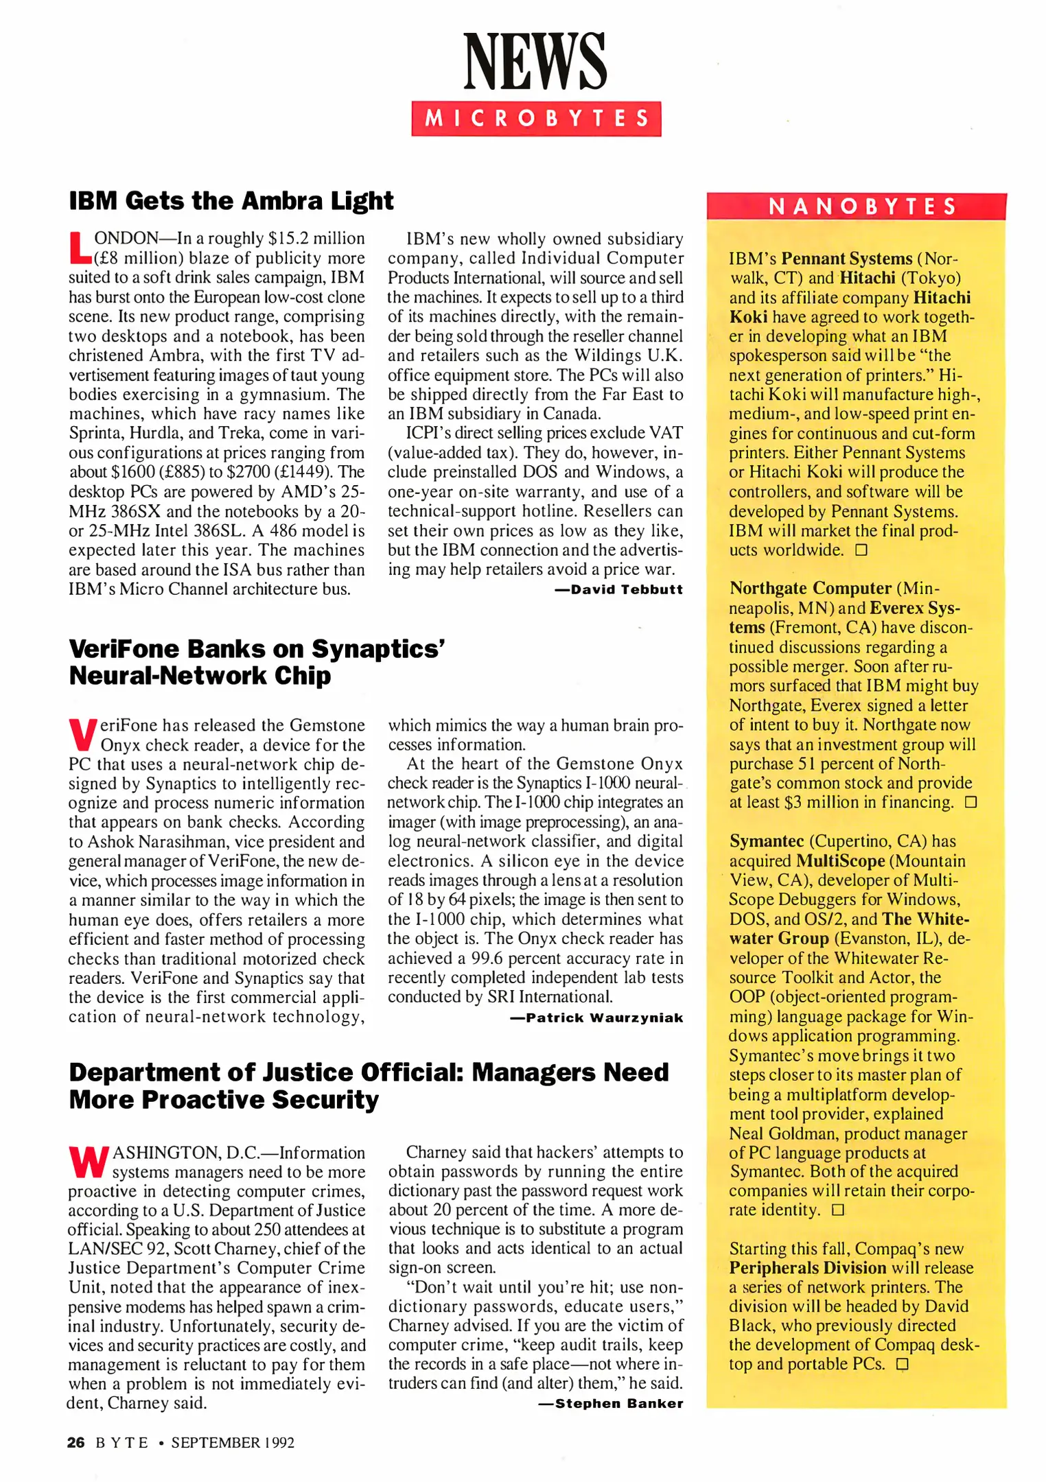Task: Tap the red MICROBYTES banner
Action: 536,119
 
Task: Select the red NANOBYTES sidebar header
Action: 856,207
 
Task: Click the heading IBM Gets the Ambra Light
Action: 231,201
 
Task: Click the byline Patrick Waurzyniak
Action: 596,1018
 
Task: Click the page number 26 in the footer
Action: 75,1442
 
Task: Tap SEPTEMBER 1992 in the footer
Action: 233,1442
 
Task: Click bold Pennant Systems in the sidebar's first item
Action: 846,259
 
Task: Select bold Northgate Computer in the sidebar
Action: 810,588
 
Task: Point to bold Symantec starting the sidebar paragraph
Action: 766,841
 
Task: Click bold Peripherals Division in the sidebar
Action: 808,1267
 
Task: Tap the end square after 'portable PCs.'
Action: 903,1364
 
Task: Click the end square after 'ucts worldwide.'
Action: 861,550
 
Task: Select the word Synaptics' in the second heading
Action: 378,649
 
